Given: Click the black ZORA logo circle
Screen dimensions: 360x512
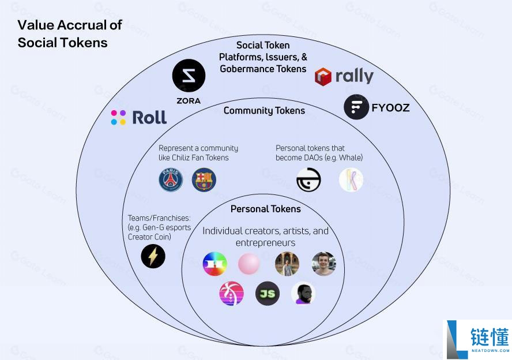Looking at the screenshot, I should pos(189,76).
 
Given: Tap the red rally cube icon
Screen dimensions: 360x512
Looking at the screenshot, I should pos(323,76).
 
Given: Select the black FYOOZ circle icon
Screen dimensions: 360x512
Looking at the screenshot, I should pos(356,107).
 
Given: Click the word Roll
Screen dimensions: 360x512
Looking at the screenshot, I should pos(149,118).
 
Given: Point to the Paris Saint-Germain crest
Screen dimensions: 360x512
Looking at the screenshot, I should pos(171,180).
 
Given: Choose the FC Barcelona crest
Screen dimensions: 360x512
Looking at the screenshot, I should pos(204,180).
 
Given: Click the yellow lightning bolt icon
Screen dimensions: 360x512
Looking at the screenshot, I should pos(153,256).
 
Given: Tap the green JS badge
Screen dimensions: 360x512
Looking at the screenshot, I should pos(268,294).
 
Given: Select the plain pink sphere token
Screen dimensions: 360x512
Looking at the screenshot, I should pos(249,264).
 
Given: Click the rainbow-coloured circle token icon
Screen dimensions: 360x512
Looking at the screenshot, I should pos(214,264).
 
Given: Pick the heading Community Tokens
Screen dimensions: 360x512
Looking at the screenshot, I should pos(264,111).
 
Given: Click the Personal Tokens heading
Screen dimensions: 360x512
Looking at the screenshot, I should pos(266,209).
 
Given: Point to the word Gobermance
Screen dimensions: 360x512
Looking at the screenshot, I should pos(246,69).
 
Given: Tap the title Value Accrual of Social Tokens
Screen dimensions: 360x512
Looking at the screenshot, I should pos(70,33).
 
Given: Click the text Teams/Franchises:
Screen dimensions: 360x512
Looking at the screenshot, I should pos(159,218).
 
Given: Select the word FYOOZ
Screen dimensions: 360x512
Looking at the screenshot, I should pos(391,107).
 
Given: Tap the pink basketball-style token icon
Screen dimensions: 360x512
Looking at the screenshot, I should pos(232,294).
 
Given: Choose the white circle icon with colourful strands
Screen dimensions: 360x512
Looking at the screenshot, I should pos(351,180).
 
